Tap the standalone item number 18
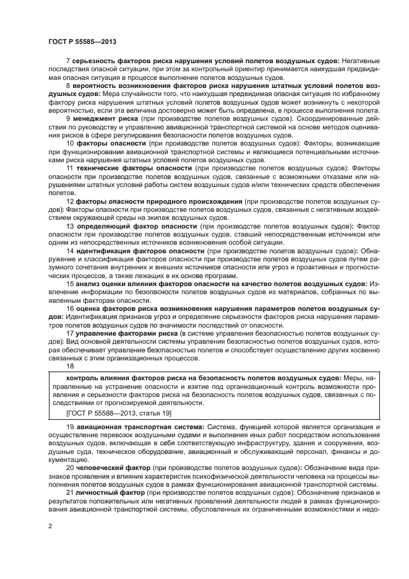(69, 366)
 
